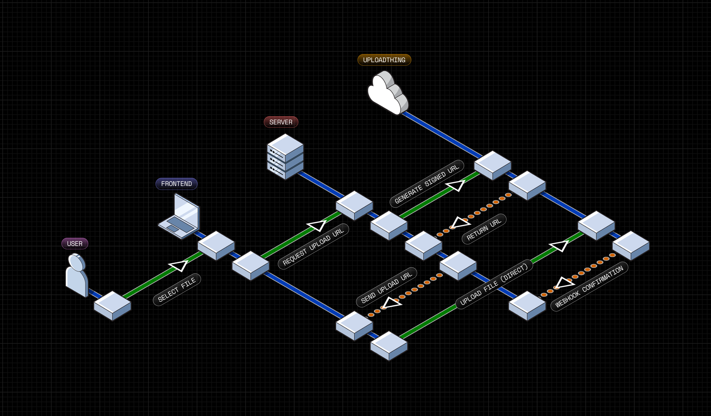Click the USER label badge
[75, 244]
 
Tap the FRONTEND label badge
[176, 184]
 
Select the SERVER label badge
[281, 122]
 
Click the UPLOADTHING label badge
[384, 60]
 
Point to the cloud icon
[387, 93]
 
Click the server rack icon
[285, 157]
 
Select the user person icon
[77, 275]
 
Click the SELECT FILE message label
[177, 290]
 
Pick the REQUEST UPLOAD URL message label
[313, 247]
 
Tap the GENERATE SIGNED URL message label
[427, 184]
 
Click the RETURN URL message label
[484, 229]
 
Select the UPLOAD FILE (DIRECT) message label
[494, 284]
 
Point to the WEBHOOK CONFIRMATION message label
[589, 287]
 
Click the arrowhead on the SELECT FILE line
[179, 265]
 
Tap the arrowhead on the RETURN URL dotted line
[460, 223]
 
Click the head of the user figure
[77, 262]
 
